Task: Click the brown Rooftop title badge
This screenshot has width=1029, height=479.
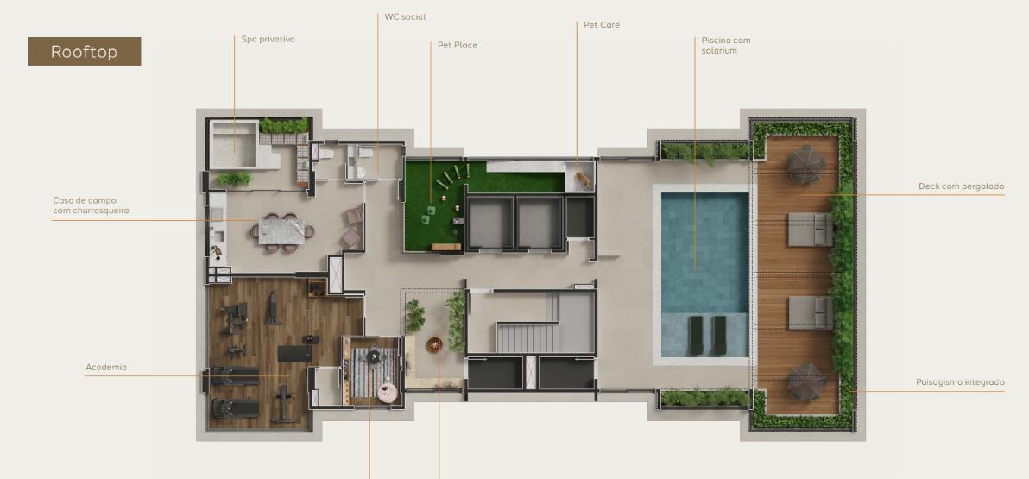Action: click(85, 51)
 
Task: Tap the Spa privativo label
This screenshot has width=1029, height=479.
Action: click(268, 40)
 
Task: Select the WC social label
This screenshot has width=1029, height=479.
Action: click(405, 17)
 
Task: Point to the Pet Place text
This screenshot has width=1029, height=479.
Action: click(458, 45)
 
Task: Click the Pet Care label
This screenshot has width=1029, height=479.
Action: click(602, 25)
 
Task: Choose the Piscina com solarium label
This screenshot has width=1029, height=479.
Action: click(726, 45)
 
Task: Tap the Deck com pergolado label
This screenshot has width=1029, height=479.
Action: click(962, 186)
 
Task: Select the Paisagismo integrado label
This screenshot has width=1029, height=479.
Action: click(960, 381)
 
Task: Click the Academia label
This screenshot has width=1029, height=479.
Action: click(106, 368)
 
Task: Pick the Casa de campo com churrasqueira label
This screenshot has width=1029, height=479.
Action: click(92, 205)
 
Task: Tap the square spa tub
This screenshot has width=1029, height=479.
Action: click(234, 145)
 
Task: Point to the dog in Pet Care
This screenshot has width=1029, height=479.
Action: click(582, 178)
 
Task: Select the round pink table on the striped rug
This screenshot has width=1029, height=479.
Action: click(388, 393)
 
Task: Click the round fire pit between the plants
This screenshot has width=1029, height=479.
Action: click(434, 343)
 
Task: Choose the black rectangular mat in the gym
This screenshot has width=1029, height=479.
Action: click(294, 354)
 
